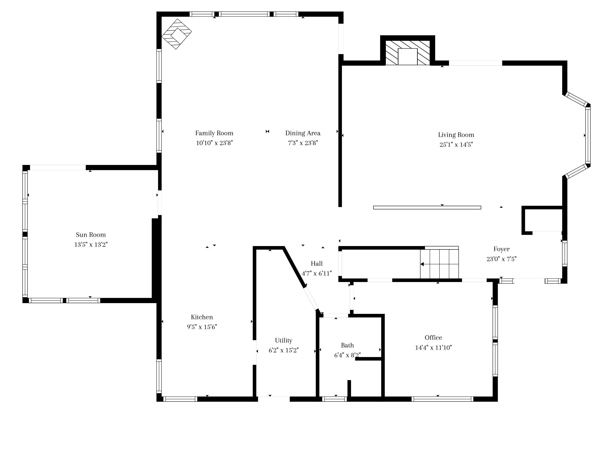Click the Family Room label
click(214, 133)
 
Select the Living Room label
click(456, 135)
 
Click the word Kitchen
click(202, 317)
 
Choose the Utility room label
click(284, 341)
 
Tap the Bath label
click(347, 345)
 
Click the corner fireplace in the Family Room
click(177, 34)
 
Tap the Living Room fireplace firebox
click(408, 57)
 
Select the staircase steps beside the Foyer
click(440, 264)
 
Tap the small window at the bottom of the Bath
click(335, 399)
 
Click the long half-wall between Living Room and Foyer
click(427, 207)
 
